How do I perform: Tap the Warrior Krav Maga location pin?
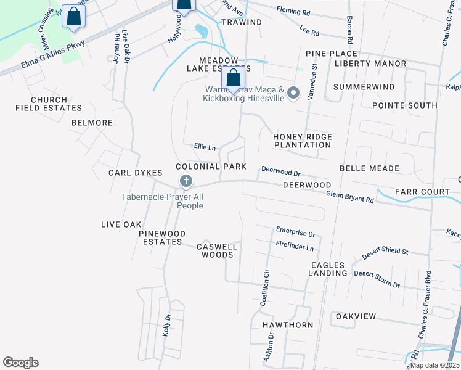click(293, 93)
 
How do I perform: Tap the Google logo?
click(20, 363)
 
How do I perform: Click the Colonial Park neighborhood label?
click(211, 166)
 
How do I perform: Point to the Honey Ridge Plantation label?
click(303, 141)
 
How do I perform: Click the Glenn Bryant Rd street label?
click(349, 196)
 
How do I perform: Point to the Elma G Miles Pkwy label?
click(53, 54)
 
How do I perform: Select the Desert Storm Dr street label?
click(377, 278)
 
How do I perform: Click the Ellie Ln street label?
click(205, 147)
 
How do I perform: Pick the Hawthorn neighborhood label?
click(288, 324)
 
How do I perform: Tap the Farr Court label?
click(423, 192)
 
